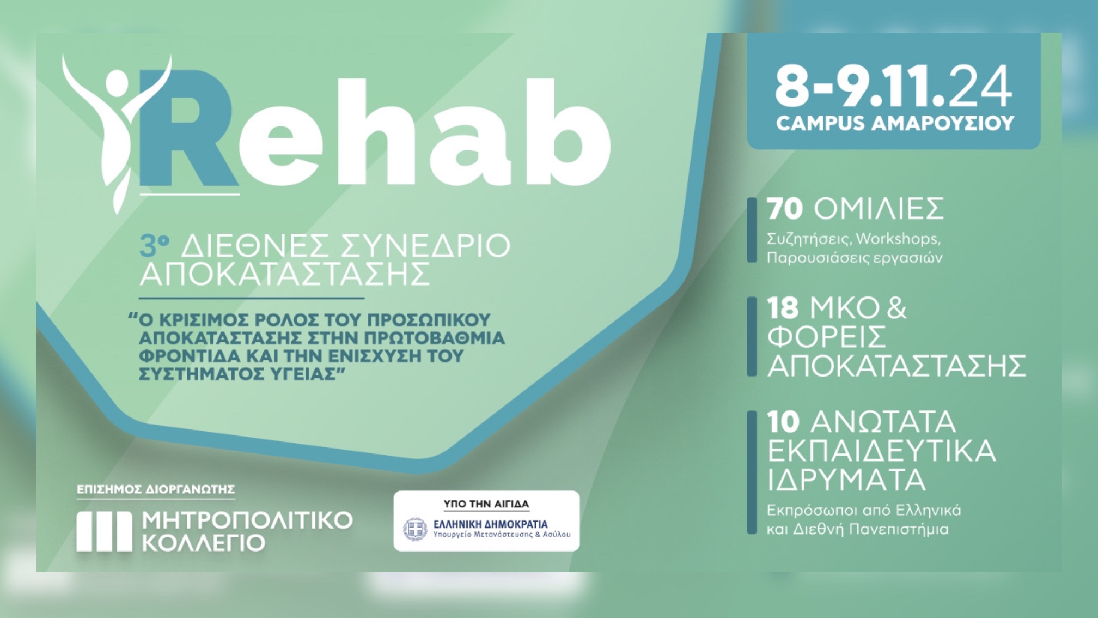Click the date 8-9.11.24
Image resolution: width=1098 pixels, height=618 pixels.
(x=894, y=86)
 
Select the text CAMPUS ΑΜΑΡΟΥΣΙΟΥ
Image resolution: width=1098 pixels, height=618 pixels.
(x=895, y=123)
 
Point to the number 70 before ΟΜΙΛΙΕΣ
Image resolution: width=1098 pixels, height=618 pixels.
(x=784, y=209)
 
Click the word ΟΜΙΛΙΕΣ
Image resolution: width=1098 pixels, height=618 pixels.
(x=879, y=209)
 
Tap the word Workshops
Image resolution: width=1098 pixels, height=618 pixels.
(x=898, y=239)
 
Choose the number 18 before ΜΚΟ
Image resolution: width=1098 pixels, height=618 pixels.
(x=783, y=308)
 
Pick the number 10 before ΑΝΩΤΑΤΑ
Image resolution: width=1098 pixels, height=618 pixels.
(x=783, y=422)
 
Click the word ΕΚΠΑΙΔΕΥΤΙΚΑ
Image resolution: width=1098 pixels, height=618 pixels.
(x=881, y=451)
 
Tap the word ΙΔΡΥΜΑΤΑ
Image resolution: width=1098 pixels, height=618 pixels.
(x=846, y=480)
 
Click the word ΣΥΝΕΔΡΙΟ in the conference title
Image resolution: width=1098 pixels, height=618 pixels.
(x=425, y=246)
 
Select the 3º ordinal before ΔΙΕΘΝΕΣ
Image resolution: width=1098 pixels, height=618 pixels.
(x=154, y=246)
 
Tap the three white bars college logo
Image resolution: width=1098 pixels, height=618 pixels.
(x=104, y=531)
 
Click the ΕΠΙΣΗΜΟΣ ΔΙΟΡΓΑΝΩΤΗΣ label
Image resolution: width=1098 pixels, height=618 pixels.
(x=156, y=489)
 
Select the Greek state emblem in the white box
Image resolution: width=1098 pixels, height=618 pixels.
(x=415, y=529)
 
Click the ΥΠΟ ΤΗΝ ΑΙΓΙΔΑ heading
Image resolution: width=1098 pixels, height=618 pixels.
(x=486, y=504)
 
